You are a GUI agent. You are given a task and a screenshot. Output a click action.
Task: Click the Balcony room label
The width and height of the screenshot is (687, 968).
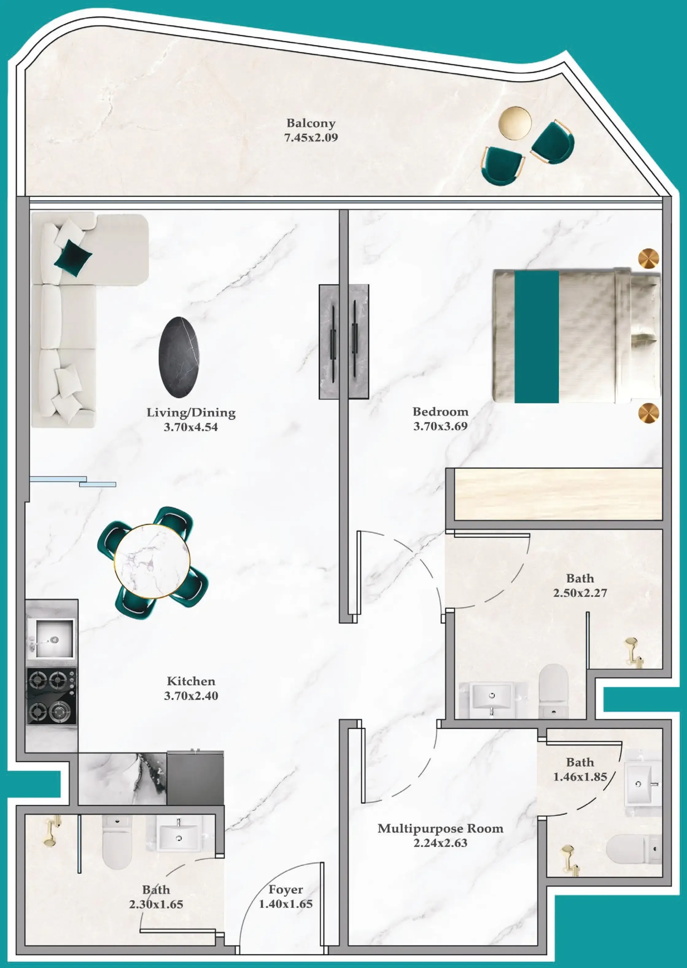[311, 123]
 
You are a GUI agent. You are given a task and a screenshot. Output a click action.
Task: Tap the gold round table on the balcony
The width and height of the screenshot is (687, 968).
[514, 122]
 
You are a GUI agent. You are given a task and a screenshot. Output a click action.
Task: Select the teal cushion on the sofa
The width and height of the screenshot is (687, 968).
[73, 257]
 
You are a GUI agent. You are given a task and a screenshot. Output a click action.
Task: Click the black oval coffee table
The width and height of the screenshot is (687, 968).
[179, 357]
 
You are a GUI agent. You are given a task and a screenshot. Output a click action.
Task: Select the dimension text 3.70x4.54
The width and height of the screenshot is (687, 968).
[191, 427]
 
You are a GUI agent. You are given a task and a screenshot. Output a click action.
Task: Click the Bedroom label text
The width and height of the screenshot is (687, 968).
[441, 412]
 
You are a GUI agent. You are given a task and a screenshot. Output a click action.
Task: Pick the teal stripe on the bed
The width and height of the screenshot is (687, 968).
[536, 337]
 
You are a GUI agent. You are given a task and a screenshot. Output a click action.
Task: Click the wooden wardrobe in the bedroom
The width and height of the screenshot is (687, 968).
[558, 494]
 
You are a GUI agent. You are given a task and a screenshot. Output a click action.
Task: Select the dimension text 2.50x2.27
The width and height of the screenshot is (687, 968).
[580, 593]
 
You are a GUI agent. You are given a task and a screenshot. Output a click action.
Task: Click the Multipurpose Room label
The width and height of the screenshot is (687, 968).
[441, 828]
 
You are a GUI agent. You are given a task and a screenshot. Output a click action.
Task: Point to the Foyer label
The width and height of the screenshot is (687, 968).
[285, 889]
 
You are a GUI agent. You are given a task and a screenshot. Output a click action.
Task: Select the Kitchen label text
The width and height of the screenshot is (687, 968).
[191, 681]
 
